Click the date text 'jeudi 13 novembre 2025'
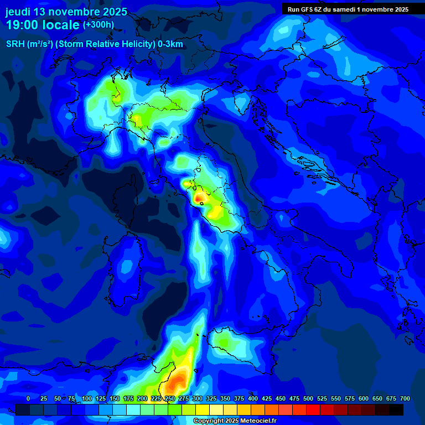pyautogui.click(x=66, y=12)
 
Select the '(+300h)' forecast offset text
pyautogui.click(x=99, y=24)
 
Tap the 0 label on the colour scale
pyautogui.click(x=28, y=398)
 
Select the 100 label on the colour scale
pyautogui.click(x=86, y=398)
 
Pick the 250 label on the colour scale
pyautogui.click(x=170, y=398)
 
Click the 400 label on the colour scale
pyautogui.click(x=253, y=398)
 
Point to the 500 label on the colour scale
pyautogui.click(x=308, y=398)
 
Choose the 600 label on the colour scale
pyautogui.click(x=364, y=398)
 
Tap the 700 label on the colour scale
pyautogui.click(x=405, y=398)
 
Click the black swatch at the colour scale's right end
pyautogui.click(x=396, y=410)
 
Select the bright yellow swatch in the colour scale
pyautogui.click(x=203, y=410)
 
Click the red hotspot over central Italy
pyautogui.click(x=199, y=197)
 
